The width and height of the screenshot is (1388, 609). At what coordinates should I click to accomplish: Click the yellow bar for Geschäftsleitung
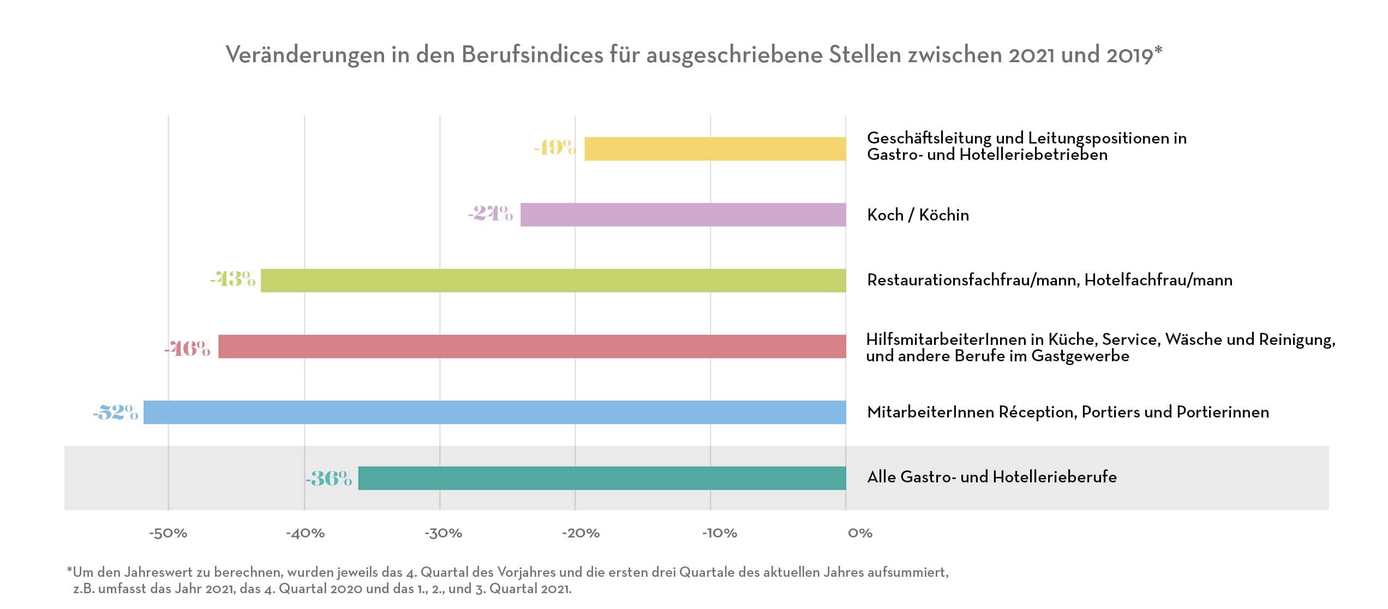(715, 149)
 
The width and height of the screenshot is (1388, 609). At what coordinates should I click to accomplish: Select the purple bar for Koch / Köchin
(683, 214)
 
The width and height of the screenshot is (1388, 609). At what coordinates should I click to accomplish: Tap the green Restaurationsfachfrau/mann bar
(553, 280)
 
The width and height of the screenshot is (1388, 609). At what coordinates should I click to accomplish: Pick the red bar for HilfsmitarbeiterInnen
(532, 347)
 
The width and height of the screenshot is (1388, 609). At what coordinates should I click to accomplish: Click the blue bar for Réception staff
(495, 412)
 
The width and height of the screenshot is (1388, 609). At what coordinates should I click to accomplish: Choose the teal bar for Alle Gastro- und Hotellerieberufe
(602, 478)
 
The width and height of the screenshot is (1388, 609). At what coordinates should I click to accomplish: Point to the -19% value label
(555, 147)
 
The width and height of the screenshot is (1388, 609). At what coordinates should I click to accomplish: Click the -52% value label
(115, 412)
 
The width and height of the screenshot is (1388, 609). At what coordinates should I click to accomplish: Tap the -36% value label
(328, 479)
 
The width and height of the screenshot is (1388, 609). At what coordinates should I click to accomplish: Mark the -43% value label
(232, 279)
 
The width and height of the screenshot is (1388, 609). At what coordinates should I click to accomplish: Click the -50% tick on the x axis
(168, 533)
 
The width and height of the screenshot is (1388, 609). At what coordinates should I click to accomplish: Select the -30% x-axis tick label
(443, 533)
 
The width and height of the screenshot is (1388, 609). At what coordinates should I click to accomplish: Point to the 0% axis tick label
(860, 533)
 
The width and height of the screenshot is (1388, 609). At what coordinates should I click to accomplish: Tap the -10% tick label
(719, 533)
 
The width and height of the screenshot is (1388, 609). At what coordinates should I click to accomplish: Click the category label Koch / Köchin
(918, 215)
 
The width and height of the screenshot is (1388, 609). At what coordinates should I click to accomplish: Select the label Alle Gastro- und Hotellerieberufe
(991, 477)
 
